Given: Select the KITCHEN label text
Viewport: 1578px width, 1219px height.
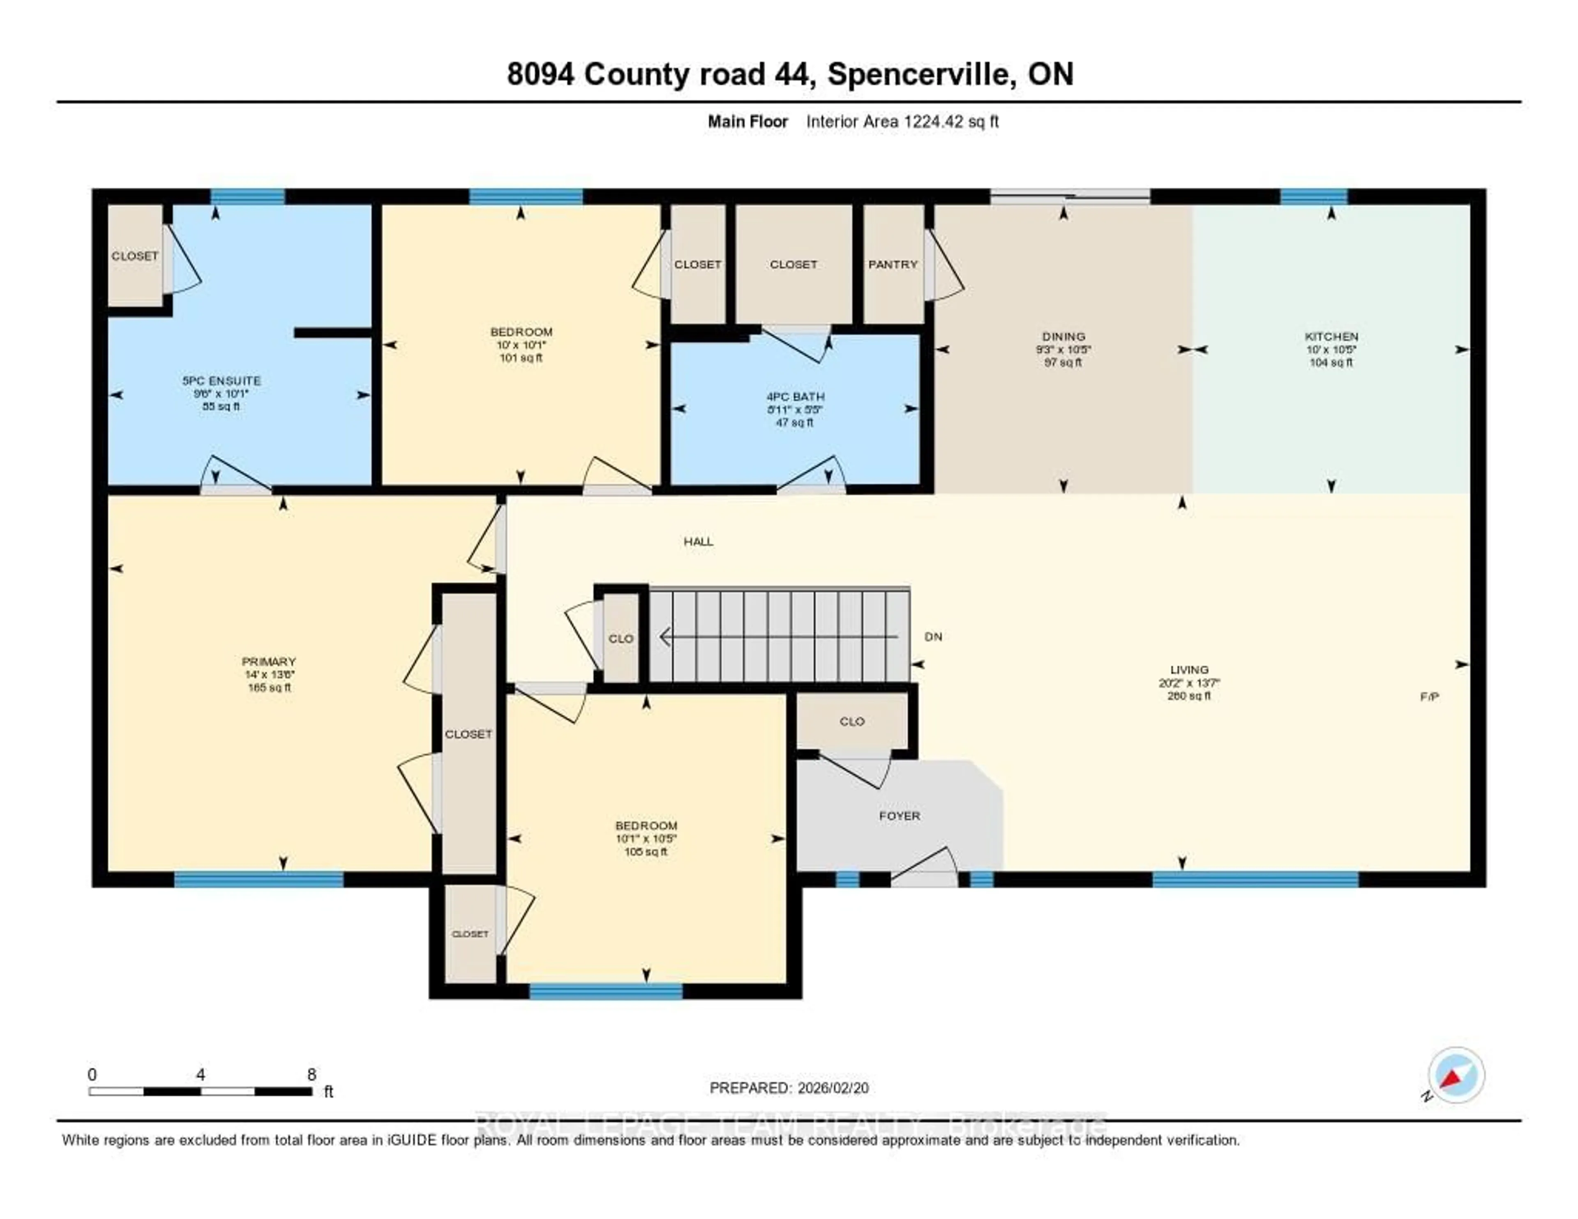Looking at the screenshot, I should coord(1331,336).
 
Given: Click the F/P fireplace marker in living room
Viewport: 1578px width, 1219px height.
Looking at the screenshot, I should coord(1429,697).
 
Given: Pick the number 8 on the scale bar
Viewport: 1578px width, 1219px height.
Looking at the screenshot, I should coord(311,1074).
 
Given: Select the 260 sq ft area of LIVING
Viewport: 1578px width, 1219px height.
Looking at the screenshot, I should coord(1188,696).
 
